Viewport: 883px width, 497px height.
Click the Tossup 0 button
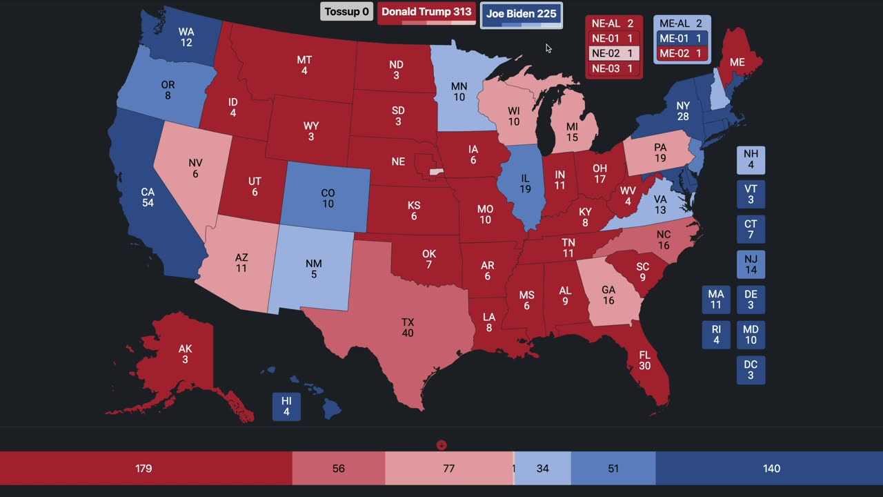pyautogui.click(x=347, y=12)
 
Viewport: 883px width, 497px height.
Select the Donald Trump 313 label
pyautogui.click(x=426, y=12)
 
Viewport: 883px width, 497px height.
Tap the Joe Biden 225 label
pyautogui.click(x=521, y=14)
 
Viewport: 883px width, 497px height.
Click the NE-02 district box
pyautogui.click(x=613, y=54)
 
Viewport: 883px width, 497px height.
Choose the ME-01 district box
pyautogui.click(x=682, y=39)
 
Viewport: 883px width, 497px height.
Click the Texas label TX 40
pyautogui.click(x=408, y=328)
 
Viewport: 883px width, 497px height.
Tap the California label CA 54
pyautogui.click(x=147, y=197)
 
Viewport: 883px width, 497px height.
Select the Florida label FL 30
pyautogui.click(x=644, y=360)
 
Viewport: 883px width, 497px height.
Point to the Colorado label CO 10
pyautogui.click(x=328, y=199)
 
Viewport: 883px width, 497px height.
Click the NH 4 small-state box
pyautogui.click(x=751, y=160)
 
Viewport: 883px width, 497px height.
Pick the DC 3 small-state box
pyautogui.click(x=751, y=370)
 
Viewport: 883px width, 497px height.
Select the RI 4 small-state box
pyautogui.click(x=716, y=335)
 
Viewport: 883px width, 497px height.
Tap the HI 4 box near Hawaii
pyautogui.click(x=286, y=406)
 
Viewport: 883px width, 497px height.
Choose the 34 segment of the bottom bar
pyautogui.click(x=543, y=469)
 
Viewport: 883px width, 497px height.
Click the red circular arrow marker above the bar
pyautogui.click(x=441, y=445)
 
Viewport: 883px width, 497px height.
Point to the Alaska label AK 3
pyautogui.click(x=185, y=354)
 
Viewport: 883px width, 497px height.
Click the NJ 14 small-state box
pyautogui.click(x=751, y=265)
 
